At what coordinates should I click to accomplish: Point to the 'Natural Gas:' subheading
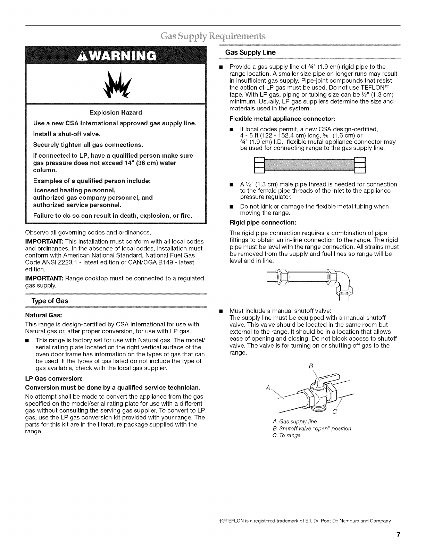click(x=43, y=316)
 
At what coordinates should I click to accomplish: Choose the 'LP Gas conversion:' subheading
click(x=53, y=378)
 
